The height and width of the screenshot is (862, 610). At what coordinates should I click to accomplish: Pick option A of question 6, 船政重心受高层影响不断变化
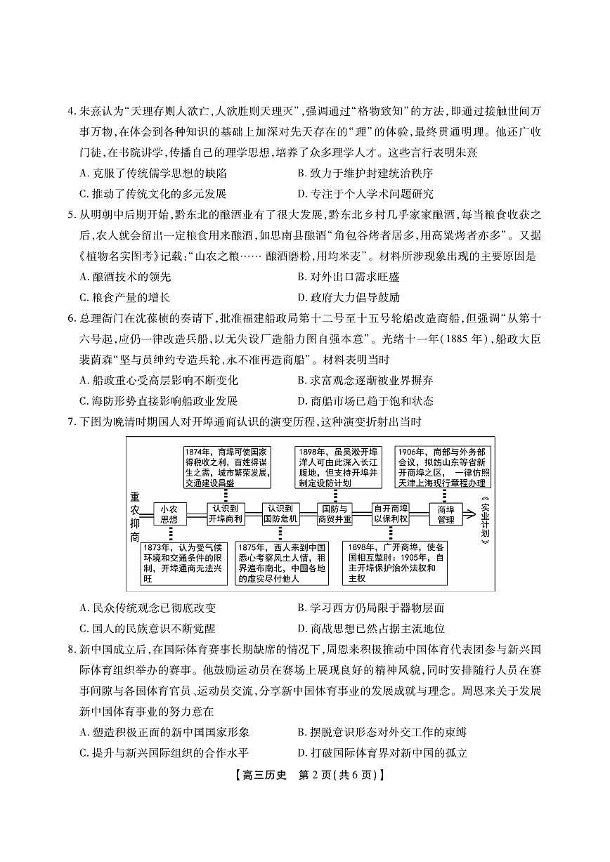click(159, 380)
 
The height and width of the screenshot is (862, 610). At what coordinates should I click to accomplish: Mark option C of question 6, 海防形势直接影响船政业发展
click(159, 400)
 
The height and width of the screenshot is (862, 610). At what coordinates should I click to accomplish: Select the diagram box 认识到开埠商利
click(225, 514)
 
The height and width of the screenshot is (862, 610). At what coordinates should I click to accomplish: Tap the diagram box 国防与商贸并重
click(335, 514)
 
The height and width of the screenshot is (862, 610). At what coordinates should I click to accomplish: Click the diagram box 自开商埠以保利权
click(391, 514)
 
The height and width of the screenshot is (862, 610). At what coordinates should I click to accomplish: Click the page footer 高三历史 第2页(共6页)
click(304, 776)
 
